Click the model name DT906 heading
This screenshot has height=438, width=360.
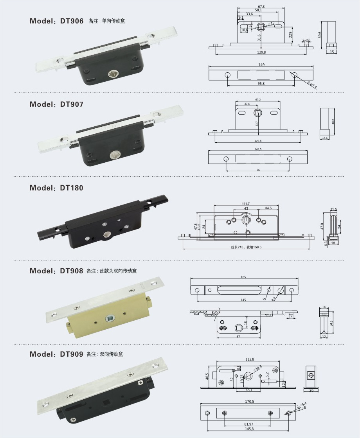click(56, 21)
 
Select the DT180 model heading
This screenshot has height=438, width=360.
click(56, 188)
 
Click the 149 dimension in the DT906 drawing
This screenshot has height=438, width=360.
click(261, 65)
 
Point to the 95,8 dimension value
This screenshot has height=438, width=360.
click(261, 84)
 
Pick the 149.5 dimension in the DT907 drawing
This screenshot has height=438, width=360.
click(258, 149)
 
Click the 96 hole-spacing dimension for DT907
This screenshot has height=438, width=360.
click(257, 170)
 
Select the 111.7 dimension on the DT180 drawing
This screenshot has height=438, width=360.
click(246, 204)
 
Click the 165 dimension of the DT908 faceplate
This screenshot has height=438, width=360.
click(243, 277)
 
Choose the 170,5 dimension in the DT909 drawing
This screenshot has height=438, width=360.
click(249, 401)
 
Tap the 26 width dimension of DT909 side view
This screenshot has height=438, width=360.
click(311, 390)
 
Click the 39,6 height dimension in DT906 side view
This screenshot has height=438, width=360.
click(320, 35)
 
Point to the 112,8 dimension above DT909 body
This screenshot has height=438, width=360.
click(249, 359)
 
